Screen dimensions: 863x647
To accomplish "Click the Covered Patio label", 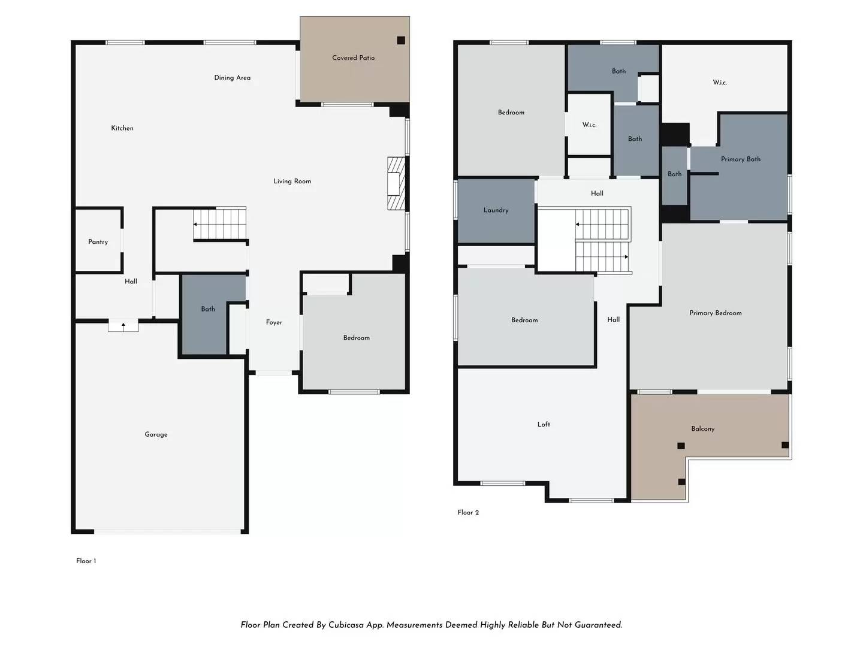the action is tap(353, 58).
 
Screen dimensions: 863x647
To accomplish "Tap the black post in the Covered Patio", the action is tap(401, 40).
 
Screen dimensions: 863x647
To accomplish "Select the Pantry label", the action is tap(98, 242).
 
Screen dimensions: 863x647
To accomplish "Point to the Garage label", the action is tap(156, 434).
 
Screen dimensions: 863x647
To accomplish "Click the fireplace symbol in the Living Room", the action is tap(396, 183).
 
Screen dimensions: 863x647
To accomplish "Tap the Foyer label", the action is tap(274, 322).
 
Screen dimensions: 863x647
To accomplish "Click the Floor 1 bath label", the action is tap(208, 309).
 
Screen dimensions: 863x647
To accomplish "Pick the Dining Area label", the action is tap(233, 78).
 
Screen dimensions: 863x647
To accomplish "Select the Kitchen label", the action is tap(122, 128).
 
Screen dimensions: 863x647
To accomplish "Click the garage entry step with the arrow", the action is tap(123, 326).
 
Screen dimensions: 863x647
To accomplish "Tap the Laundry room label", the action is tap(496, 210).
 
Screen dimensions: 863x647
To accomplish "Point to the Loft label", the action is tap(544, 424).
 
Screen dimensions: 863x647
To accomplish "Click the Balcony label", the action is tap(703, 429).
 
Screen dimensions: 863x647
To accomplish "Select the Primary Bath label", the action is tap(741, 159).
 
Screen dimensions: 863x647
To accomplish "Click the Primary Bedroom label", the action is tap(716, 313).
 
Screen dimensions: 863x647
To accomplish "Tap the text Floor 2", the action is tap(468, 512).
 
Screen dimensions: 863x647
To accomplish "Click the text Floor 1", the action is tap(86, 561).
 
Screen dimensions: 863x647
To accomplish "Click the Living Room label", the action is tap(292, 181).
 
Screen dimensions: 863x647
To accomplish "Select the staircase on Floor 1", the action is tap(220, 224).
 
